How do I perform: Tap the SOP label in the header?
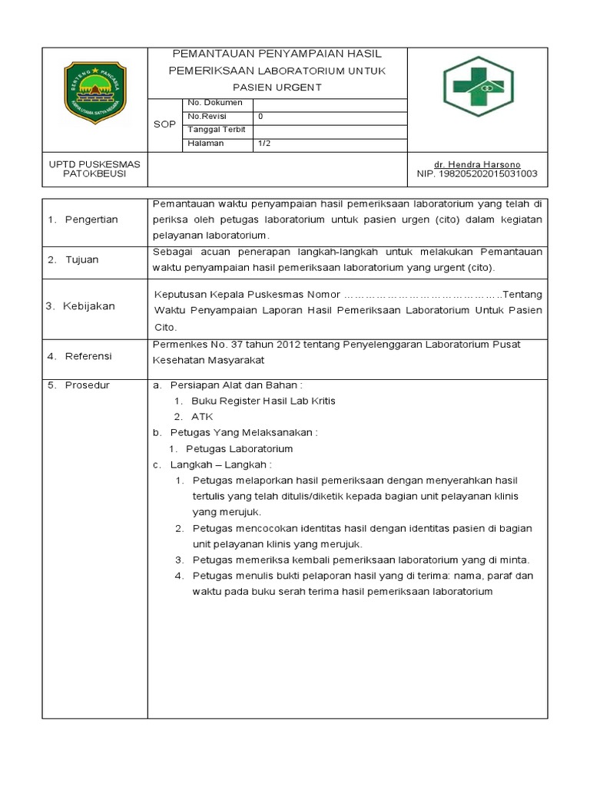164,124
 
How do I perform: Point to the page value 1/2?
264,144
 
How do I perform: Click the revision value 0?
260,117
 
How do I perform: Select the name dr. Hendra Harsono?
477,164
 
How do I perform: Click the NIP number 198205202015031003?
477,174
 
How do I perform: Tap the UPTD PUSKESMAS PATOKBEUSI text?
94,169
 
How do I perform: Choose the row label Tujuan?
81,259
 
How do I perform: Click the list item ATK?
202,417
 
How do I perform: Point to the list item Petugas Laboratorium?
239,449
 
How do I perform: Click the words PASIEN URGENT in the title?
277,88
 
